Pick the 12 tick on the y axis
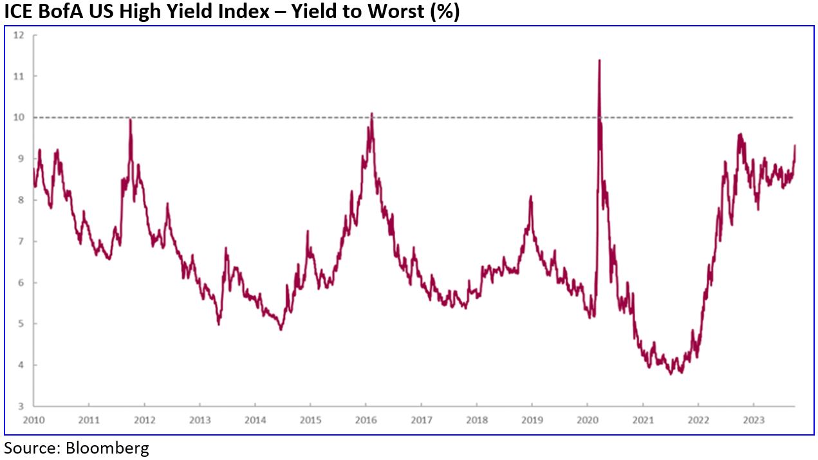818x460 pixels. tap(19, 35)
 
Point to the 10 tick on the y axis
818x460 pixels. tap(19, 117)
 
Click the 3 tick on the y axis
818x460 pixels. tap(21, 407)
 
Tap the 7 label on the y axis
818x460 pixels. tap(21, 241)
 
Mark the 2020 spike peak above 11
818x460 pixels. tap(599, 60)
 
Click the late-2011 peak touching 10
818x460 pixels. tap(130, 118)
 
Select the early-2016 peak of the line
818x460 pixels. tap(371, 113)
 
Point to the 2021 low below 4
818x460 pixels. tap(672, 374)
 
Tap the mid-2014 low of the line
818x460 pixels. tap(281, 330)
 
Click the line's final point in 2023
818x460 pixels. tap(795, 145)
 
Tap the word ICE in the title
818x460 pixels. tap(19, 11)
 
